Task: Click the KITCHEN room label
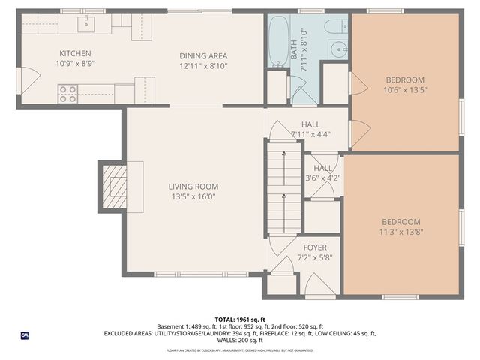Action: (75, 53)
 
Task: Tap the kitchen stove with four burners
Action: (67, 94)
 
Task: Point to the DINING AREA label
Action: (202, 55)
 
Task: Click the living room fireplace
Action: (113, 186)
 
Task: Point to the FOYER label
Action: (314, 247)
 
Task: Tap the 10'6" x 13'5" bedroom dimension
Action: (405, 91)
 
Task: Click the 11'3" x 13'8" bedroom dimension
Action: (400, 232)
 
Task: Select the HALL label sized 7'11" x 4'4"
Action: (310, 124)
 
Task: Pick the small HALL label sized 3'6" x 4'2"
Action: (323, 169)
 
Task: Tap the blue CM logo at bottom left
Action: (25, 335)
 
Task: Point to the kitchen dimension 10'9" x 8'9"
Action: (75, 64)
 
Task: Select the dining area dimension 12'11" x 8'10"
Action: (202, 66)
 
